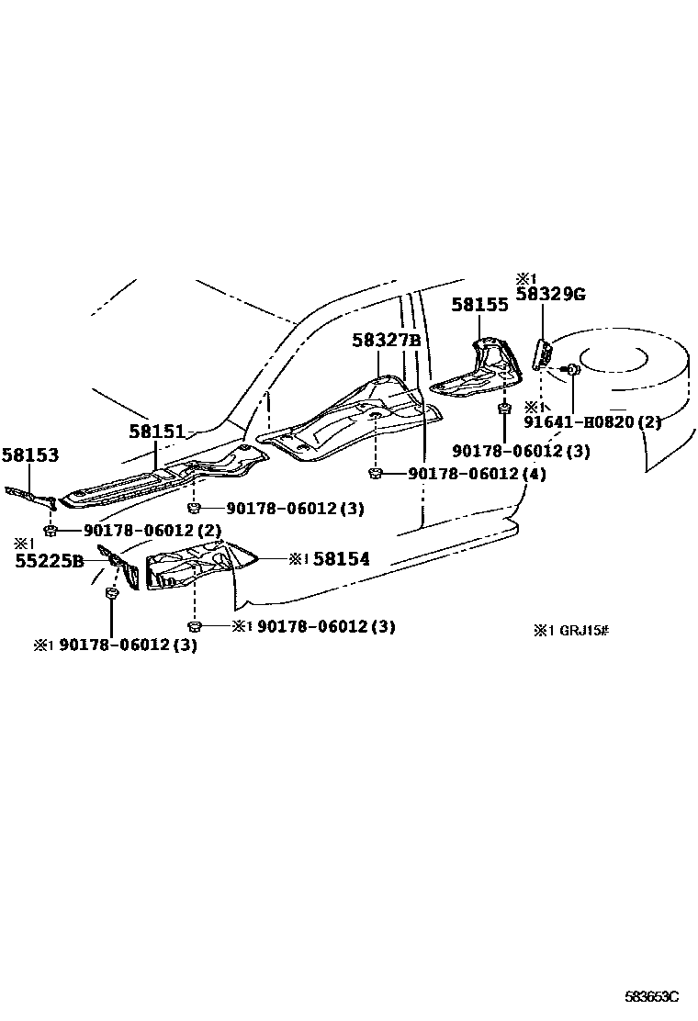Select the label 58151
point(156,431)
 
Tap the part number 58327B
point(386,341)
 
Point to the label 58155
point(479,306)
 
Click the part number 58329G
point(550,294)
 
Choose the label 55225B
point(50,560)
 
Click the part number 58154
point(341,558)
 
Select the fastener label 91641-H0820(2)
point(592,422)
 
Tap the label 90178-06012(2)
point(152,531)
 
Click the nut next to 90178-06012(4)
point(375,474)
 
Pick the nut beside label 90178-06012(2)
point(52,531)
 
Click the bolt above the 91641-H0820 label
point(570,370)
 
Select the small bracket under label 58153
point(31,497)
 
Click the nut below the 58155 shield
point(504,407)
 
